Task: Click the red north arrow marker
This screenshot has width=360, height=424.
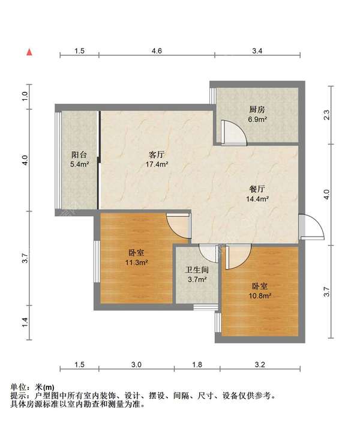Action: click(x=29, y=52)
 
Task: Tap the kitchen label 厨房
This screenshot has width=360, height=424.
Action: click(x=257, y=109)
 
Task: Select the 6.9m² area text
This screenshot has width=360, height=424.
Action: click(x=258, y=119)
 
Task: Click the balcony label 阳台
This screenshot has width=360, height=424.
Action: click(x=79, y=155)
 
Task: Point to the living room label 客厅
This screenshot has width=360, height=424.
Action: click(x=157, y=155)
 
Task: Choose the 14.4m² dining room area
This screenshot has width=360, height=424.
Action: click(x=257, y=199)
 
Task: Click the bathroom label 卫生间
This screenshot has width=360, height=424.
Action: click(x=197, y=270)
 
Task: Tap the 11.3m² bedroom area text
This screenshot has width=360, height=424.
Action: click(x=136, y=262)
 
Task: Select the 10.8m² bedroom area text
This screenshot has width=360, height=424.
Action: click(x=260, y=295)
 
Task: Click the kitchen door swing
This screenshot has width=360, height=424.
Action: click(x=233, y=133)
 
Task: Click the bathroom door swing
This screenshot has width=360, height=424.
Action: click(x=208, y=253)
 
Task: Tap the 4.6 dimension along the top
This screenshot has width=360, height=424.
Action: click(x=157, y=51)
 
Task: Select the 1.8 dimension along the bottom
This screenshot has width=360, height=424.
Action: click(x=197, y=365)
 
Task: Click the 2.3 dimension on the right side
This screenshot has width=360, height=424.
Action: click(x=327, y=115)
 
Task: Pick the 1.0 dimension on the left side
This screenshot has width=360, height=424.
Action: click(x=25, y=96)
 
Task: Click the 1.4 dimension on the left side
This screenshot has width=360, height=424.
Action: click(x=25, y=322)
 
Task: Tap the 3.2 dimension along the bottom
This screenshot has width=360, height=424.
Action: click(x=260, y=365)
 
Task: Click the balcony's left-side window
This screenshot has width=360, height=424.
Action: click(x=58, y=160)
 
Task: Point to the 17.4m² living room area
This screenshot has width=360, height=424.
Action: click(x=157, y=164)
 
